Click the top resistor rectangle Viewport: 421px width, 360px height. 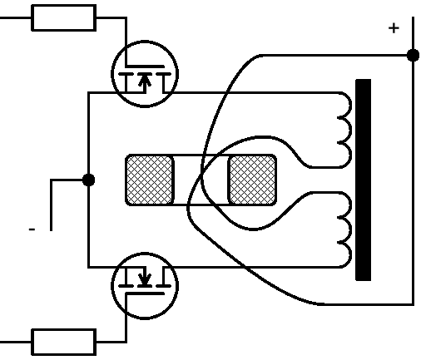64,17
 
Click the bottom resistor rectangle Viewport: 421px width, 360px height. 64,342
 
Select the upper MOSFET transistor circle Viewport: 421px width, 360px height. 111,74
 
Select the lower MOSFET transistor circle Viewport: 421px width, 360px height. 111,286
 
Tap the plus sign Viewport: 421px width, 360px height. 394,28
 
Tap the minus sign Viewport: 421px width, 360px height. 32,229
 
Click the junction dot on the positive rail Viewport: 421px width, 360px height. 414,55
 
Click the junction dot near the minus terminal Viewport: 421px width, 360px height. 88,180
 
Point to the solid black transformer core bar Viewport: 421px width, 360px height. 364,180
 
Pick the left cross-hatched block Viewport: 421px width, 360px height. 150,180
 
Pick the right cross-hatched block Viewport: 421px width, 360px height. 252,180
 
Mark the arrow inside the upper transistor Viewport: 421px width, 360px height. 145,82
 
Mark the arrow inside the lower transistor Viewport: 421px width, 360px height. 145,276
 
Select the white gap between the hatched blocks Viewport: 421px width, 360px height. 201,180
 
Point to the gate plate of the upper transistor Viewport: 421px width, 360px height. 145,67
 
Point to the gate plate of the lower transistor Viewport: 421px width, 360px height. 145,293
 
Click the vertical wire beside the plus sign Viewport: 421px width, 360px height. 414,161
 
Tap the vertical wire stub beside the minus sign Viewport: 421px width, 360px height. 51,205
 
